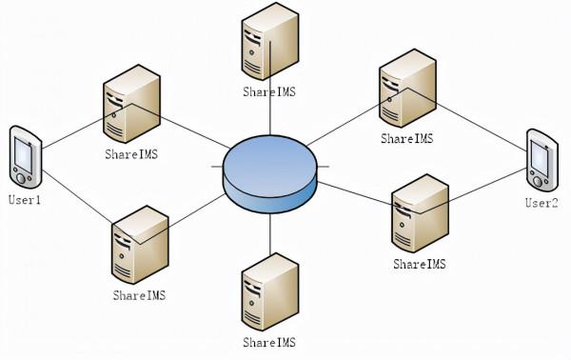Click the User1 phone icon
tap(24, 157)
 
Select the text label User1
tap(25, 201)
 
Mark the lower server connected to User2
tap(419, 214)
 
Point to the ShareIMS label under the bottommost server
tap(269, 342)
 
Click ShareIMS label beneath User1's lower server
tap(139, 296)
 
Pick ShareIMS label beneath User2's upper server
tap(406, 139)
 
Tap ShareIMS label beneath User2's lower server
tap(419, 264)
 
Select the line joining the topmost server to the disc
tap(270, 114)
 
